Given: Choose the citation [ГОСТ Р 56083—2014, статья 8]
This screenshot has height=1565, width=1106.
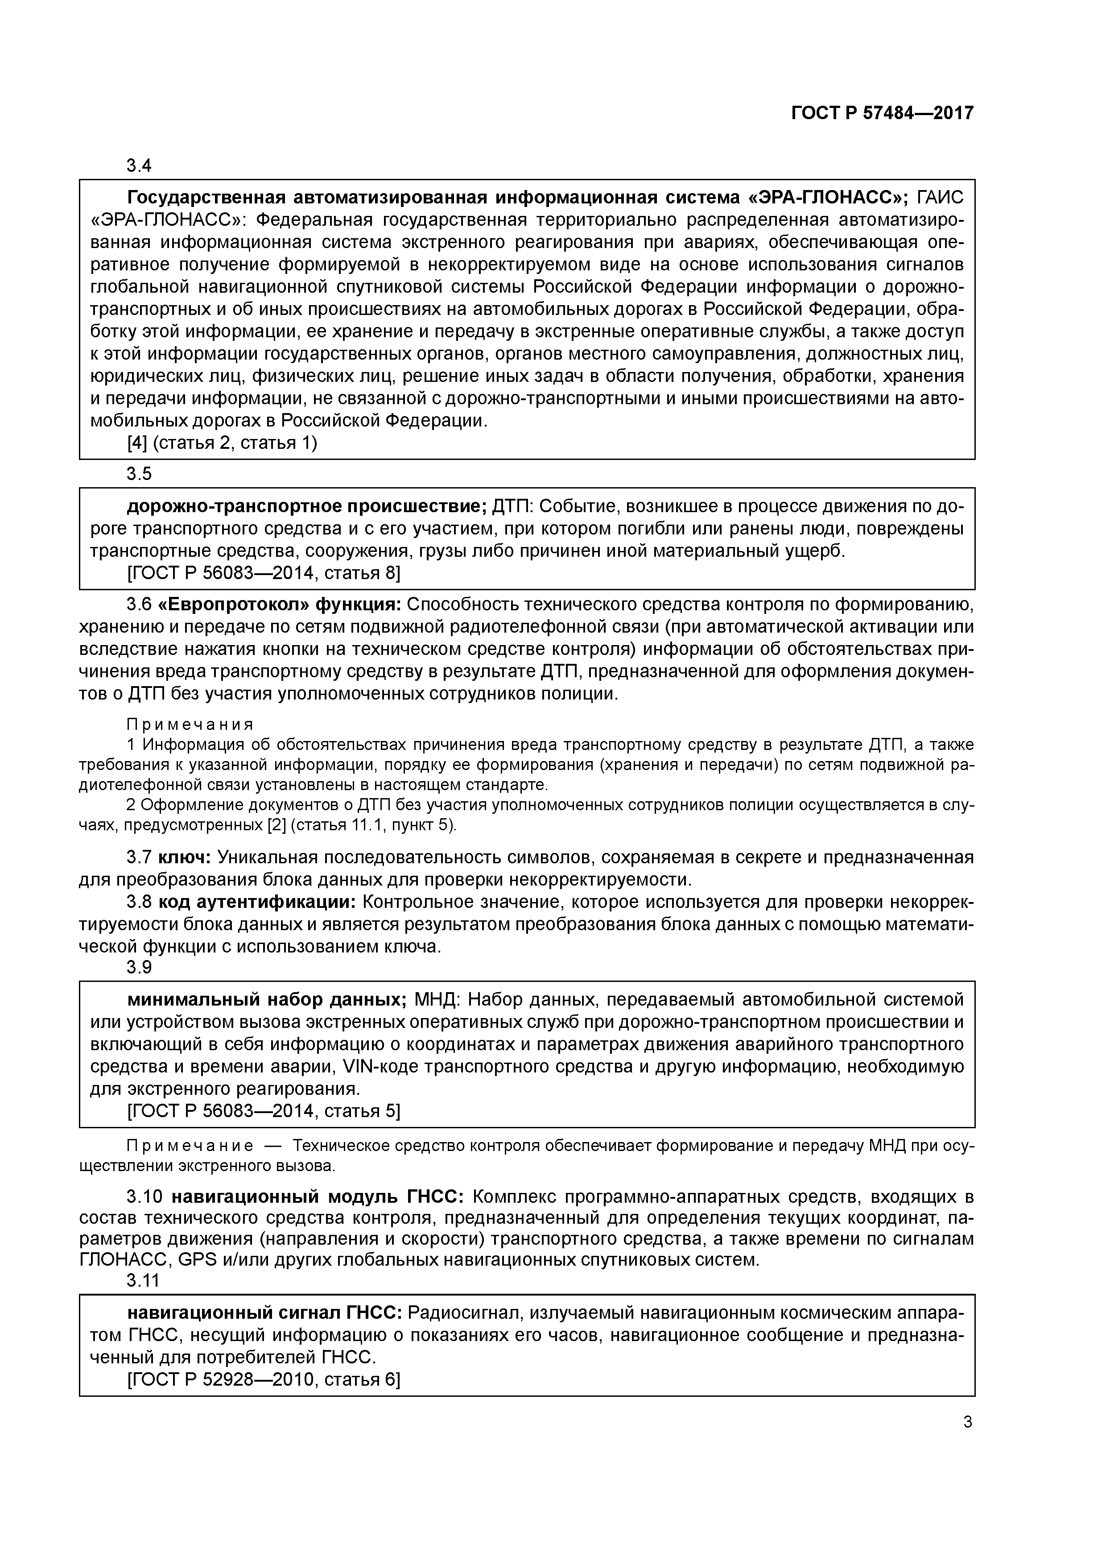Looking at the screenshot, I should pos(264,573).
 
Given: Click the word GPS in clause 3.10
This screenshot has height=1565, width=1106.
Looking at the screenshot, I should pos(197,1260).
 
